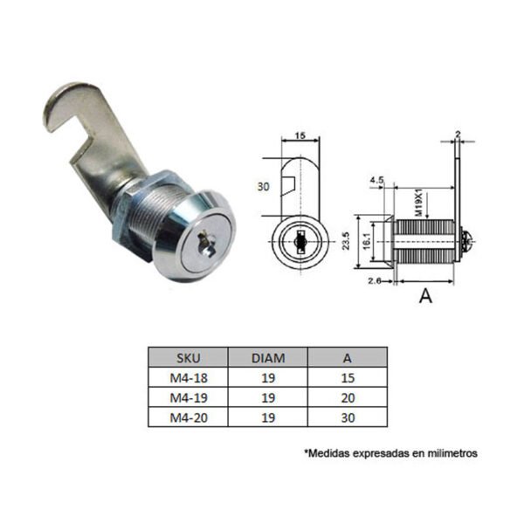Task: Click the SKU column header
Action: point(189,358)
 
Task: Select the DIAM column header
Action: point(268,358)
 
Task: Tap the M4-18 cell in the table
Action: point(189,378)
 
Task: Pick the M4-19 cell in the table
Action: point(189,397)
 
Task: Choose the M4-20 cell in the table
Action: point(189,417)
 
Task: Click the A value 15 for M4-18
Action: point(348,378)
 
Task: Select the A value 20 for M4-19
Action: point(348,397)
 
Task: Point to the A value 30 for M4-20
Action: point(348,417)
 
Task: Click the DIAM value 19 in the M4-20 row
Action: point(268,417)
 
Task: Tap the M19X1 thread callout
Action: point(419,203)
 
